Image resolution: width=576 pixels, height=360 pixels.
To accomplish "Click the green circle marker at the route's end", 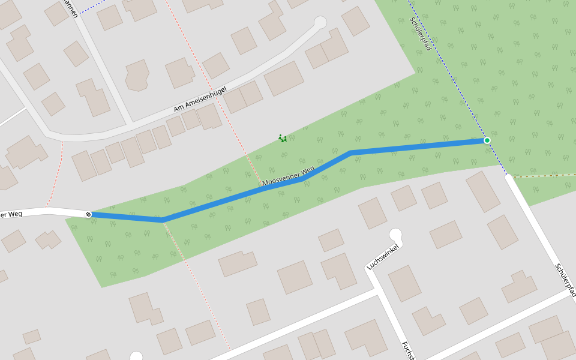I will (487, 140).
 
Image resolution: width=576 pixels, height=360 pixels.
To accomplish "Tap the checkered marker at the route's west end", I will (89, 214).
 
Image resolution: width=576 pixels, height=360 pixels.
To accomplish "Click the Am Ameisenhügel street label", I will (200, 99).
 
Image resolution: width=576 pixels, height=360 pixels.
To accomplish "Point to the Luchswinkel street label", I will (383, 256).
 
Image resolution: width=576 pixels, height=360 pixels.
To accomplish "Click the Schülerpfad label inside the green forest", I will (421, 34).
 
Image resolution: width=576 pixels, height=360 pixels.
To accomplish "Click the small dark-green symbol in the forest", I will (283, 139).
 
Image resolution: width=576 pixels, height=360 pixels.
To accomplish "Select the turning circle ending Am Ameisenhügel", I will (320, 23).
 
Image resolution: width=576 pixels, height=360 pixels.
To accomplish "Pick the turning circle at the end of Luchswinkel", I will (395, 235).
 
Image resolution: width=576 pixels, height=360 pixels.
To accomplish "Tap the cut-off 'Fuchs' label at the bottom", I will (409, 351).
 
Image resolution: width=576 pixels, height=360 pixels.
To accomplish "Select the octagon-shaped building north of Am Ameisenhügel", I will (137, 76).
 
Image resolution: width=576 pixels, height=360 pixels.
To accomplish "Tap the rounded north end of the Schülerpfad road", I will (509, 178).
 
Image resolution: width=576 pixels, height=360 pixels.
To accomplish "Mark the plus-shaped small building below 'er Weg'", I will (48, 240).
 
